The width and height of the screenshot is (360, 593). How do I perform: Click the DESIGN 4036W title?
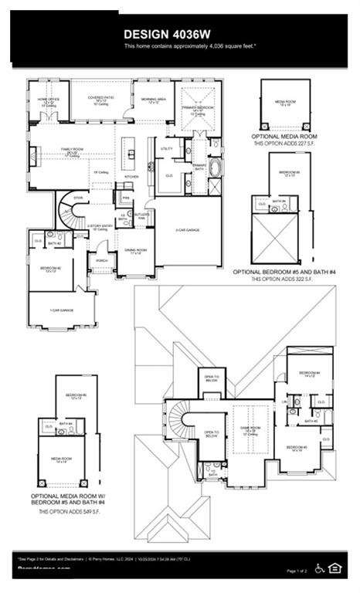[179, 33]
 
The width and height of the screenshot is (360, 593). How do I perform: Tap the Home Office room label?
[48, 101]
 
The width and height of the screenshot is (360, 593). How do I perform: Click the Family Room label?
[72, 151]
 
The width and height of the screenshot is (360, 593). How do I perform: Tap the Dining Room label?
[135, 251]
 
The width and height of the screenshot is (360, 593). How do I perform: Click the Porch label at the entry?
[102, 261]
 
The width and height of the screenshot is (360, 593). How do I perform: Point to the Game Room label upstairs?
[250, 429]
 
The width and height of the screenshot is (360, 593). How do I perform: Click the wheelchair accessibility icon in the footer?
[321, 568]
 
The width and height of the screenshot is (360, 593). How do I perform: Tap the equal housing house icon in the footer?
[335, 568]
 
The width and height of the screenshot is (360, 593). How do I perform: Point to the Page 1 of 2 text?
[297, 571]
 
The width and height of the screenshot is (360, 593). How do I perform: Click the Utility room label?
[167, 148]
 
